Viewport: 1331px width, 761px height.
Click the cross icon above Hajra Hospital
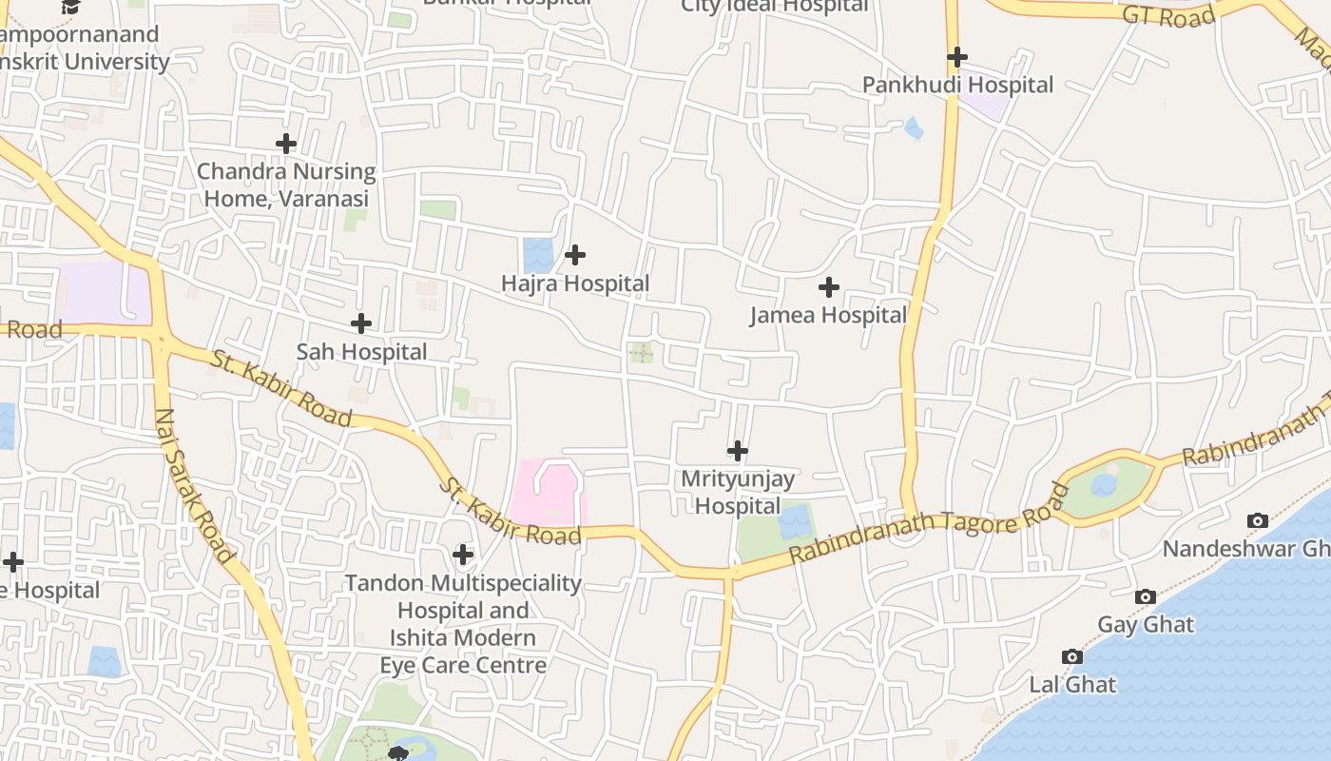coord(575,255)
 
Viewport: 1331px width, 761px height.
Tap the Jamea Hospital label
coord(828,315)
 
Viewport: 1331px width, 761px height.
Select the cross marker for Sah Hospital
coord(361,323)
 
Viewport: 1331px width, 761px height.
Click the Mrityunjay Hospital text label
coord(738,492)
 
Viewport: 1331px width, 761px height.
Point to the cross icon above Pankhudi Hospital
coord(957,57)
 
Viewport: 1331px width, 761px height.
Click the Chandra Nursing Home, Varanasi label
coord(286,185)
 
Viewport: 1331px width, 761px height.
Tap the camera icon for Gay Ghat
coord(1146,597)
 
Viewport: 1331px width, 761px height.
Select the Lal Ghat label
coord(1072,685)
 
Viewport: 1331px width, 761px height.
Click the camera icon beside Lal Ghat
coord(1072,657)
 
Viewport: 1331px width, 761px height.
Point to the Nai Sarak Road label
coord(194,485)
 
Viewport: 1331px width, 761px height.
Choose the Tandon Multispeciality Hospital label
coord(463,623)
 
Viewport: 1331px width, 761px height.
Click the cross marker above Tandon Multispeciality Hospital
coord(463,554)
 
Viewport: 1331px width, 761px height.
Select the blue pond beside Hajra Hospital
coord(538,255)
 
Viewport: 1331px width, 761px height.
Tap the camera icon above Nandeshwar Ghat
coord(1258,520)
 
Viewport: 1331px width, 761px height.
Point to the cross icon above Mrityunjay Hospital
coord(738,451)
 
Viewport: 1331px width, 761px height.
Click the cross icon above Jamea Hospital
coord(829,286)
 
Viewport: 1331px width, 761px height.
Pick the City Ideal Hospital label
coord(775,7)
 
